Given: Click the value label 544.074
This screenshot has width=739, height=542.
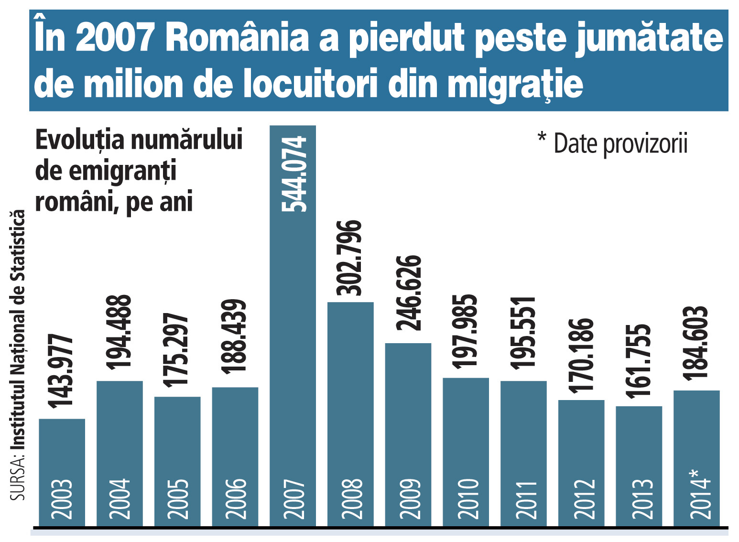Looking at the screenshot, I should point(293,173).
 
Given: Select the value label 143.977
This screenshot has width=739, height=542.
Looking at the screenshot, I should point(62,371).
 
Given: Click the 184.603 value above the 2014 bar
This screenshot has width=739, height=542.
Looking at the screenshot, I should point(696,343).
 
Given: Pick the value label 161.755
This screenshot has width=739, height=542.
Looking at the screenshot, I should point(639,361).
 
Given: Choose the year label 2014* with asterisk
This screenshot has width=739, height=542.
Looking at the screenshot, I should point(699,495).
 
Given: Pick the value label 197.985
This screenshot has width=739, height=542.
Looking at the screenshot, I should point(466,332).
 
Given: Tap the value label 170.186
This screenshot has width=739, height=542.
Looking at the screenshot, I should point(581,355).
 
